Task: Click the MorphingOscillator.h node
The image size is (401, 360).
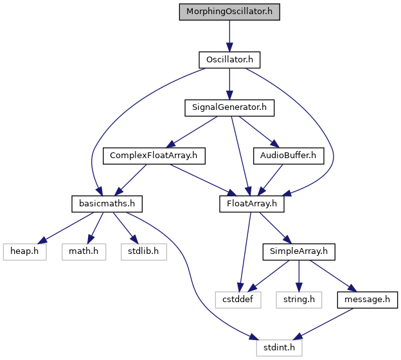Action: click(x=229, y=12)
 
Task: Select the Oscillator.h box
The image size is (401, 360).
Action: click(x=229, y=60)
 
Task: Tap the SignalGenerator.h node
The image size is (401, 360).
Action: click(x=229, y=108)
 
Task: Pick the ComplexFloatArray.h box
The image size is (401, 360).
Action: click(x=154, y=156)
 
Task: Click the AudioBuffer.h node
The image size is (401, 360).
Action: click(x=289, y=156)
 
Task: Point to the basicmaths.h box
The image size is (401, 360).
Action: click(x=107, y=204)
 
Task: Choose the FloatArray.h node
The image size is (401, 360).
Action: click(x=252, y=204)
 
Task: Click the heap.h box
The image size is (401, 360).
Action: click(x=25, y=252)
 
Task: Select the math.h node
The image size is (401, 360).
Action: click(x=84, y=252)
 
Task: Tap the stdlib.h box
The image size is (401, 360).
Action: click(x=144, y=252)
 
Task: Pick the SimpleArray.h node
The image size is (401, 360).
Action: click(x=299, y=252)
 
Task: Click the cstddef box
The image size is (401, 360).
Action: click(x=238, y=300)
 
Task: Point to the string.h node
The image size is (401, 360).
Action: click(x=299, y=300)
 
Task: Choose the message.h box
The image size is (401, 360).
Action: click(x=367, y=300)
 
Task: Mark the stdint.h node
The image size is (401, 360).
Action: click(x=280, y=348)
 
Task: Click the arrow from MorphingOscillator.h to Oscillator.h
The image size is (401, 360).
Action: click(x=229, y=36)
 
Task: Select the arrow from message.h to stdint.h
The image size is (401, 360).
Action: click(x=323, y=324)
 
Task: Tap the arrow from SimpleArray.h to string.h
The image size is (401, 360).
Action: click(x=299, y=276)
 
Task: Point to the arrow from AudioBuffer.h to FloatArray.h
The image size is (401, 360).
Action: click(x=271, y=180)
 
